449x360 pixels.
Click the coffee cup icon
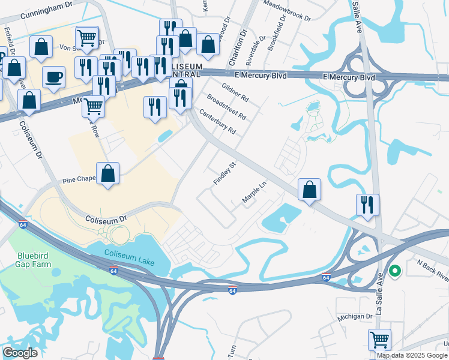(x=54, y=77)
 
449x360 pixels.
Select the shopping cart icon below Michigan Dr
(x=379, y=340)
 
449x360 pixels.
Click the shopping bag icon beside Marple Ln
(x=309, y=190)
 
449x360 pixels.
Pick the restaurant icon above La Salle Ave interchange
(x=367, y=205)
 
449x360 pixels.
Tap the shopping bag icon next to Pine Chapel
(x=107, y=173)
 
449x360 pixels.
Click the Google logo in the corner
(x=20, y=353)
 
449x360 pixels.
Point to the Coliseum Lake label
(x=129, y=258)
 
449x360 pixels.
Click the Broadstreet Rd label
(x=226, y=106)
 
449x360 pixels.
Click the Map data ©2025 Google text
(x=412, y=355)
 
